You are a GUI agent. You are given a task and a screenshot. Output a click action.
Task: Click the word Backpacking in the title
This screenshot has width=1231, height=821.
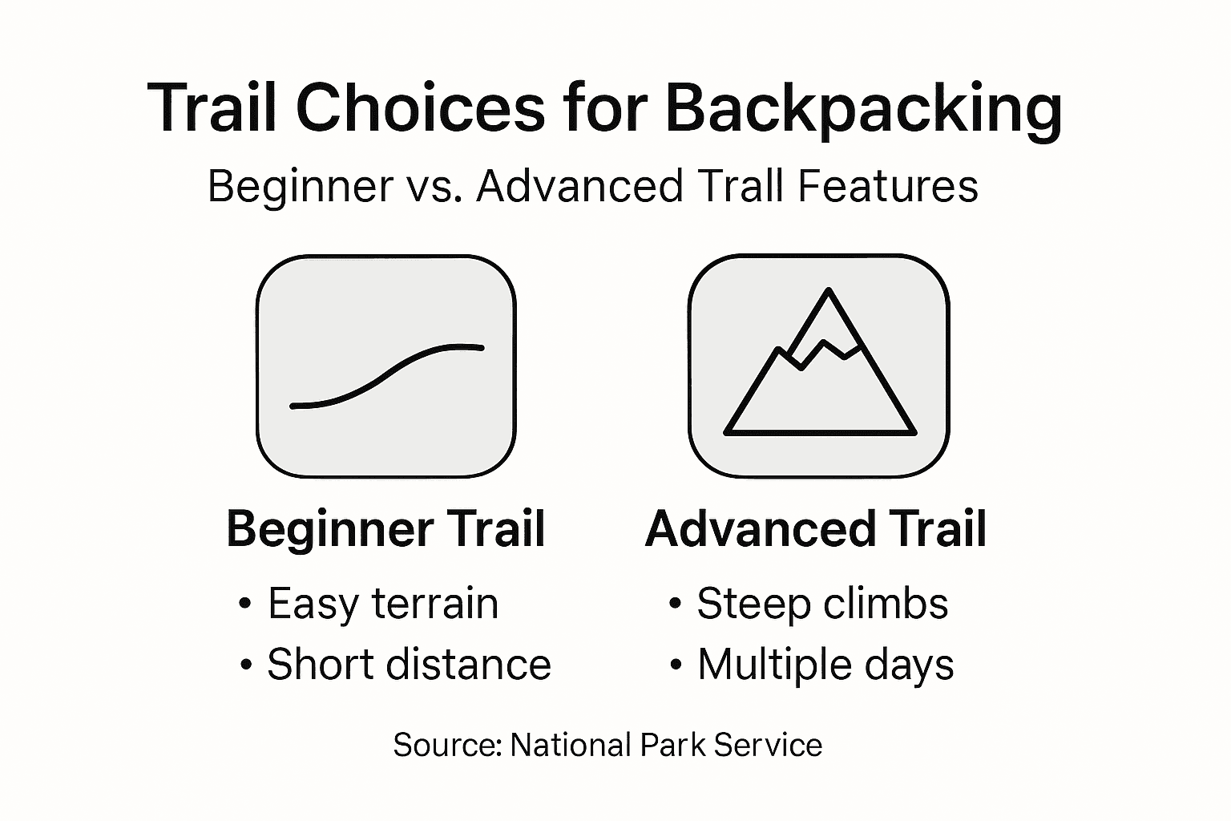pos(863,109)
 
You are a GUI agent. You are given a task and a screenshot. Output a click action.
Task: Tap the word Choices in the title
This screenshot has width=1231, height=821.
pos(421,107)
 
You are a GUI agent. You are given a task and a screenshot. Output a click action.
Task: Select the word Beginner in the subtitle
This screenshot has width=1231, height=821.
pos(300,187)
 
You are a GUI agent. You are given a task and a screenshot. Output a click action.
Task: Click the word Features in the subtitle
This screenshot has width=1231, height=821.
pos(887,186)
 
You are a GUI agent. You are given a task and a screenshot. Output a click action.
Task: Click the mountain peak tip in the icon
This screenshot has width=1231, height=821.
pos(828,290)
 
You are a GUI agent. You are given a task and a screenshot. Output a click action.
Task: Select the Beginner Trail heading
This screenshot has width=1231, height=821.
pos(385,530)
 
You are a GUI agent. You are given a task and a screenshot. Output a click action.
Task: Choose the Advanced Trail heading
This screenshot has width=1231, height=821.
pos(816,529)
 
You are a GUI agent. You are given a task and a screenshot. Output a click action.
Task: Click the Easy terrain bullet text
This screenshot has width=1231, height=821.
pos(383,605)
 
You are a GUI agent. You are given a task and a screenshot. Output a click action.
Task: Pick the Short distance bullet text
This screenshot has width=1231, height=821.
pos(409,665)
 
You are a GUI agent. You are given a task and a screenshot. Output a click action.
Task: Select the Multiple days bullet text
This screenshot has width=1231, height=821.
pos(825,665)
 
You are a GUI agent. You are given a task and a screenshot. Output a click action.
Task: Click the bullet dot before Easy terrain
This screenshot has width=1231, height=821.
pos(245,604)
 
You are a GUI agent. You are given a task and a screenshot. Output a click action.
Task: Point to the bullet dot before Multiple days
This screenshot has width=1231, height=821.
pos(676,665)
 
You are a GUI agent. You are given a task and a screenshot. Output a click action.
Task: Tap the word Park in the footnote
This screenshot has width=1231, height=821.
pos(672,745)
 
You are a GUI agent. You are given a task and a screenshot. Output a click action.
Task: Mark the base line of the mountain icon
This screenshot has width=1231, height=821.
pos(820,433)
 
